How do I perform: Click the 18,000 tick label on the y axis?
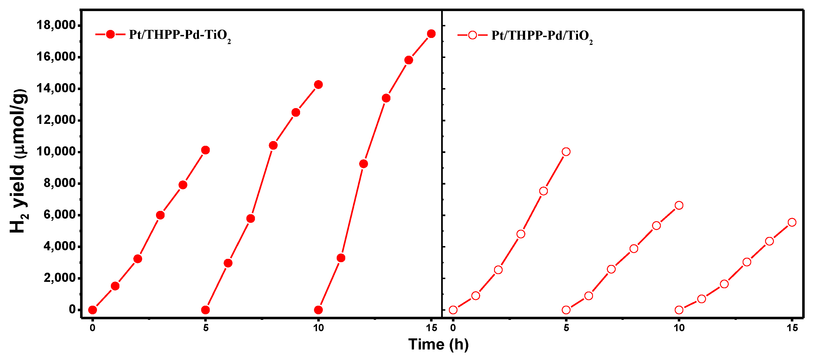[x=56, y=25]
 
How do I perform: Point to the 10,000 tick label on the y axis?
[x=56, y=152]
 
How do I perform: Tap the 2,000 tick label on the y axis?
[x=60, y=278]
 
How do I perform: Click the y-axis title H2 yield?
[x=18, y=161]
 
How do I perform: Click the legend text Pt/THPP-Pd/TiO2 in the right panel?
[x=542, y=36]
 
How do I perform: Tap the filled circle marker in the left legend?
[x=110, y=34]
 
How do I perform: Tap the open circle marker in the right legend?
[x=472, y=35]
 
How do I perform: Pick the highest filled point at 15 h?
[x=431, y=34]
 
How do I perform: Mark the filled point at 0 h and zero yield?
[x=93, y=310]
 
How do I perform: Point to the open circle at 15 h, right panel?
[x=792, y=222]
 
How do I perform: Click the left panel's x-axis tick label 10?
[x=318, y=328]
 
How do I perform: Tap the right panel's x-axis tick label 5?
[x=566, y=328]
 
